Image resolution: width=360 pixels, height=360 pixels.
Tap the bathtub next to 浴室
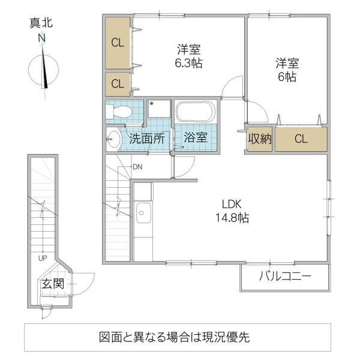point(194,112)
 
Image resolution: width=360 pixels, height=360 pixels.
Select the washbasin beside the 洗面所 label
point(113,139)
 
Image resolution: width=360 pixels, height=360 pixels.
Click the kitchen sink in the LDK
point(143,211)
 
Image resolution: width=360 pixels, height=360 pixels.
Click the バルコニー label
point(285,277)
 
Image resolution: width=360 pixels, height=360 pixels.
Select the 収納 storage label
point(260,139)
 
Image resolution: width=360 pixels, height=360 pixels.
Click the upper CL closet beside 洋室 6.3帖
point(118,43)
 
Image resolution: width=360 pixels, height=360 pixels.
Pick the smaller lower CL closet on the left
point(118,84)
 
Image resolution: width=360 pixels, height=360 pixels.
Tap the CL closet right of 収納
point(301,139)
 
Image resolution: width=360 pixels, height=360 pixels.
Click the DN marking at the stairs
point(137,166)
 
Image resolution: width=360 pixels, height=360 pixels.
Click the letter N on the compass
point(42,38)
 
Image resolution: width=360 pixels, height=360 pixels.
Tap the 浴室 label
point(196,137)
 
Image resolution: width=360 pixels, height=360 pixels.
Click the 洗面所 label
point(147,138)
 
